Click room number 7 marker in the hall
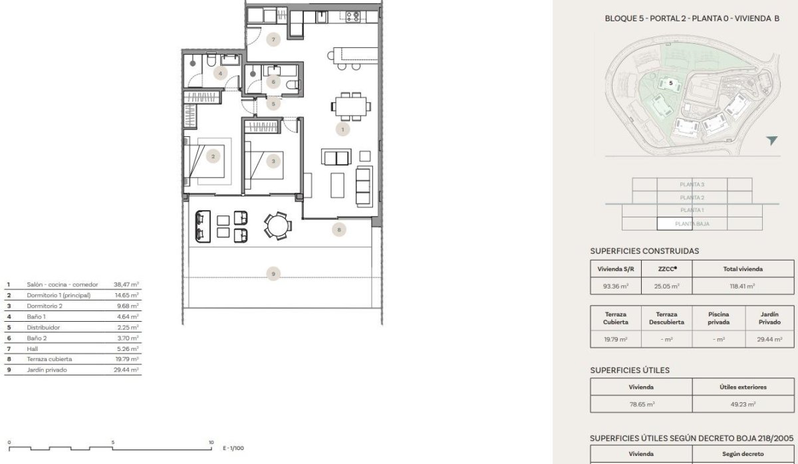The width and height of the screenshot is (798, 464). tap(273, 40)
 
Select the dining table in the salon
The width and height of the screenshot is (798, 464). tap(351, 106)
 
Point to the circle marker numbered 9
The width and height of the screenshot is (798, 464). tap(272, 273)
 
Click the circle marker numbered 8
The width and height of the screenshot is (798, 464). tap(338, 230)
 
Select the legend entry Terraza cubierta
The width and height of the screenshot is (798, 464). tap(49, 359)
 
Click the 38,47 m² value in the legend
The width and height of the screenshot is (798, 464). tap(126, 284)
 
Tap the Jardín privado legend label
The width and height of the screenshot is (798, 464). tap(48, 370)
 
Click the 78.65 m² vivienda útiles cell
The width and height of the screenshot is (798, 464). tap(641, 404)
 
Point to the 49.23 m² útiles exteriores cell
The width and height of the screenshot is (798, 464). tap(742, 404)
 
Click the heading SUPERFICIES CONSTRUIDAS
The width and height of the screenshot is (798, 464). tap(644, 251)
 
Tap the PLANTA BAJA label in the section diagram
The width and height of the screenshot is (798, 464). tap(692, 224)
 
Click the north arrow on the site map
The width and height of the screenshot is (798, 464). tap(771, 140)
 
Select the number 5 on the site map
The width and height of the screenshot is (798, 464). tap(671, 83)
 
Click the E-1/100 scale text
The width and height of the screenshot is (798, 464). tap(233, 448)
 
